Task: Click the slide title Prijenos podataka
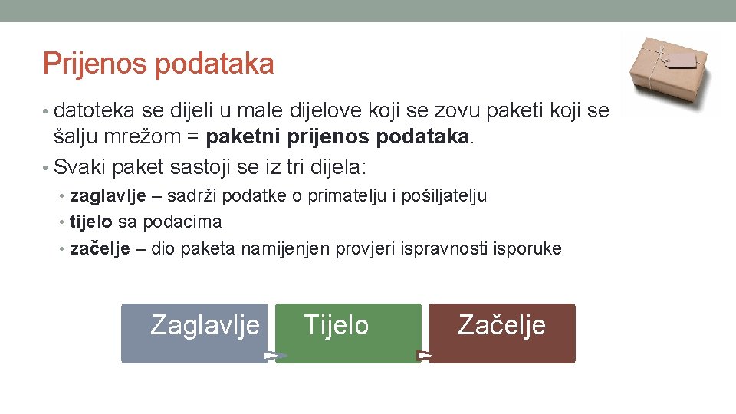coord(158,64)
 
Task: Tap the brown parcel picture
coord(670,72)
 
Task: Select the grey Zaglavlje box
coord(194,333)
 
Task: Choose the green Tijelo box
coord(348,333)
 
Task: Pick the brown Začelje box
coord(502,333)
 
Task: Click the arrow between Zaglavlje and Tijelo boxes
coord(275,356)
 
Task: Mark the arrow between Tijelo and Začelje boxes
coord(425,356)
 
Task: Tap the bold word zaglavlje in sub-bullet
coord(108,195)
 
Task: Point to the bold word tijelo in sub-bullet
coord(91,222)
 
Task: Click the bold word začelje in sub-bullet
coord(100,248)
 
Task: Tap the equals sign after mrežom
coord(192,138)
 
